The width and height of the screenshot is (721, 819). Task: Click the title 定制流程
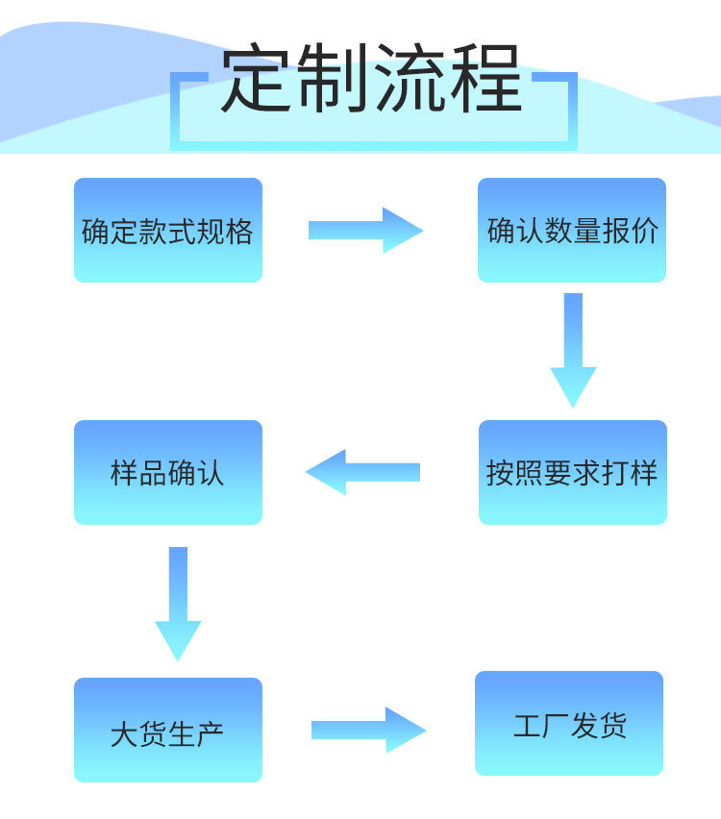372,80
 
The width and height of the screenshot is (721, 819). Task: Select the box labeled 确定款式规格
168,231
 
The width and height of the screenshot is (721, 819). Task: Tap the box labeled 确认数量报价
572,231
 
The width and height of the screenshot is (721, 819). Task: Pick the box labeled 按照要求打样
572,473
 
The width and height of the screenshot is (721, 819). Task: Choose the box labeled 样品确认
168,473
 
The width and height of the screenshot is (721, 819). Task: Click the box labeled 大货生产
168,731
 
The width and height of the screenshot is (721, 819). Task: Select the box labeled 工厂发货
569,724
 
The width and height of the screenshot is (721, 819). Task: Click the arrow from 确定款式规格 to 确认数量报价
365,230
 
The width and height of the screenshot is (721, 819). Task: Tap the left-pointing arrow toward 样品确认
362,472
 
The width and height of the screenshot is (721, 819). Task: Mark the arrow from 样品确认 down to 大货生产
178,603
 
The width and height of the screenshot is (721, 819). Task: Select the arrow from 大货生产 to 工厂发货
368,731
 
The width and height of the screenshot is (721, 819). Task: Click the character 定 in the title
258,80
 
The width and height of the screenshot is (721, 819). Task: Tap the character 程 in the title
486,80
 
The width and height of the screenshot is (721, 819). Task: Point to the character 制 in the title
334,80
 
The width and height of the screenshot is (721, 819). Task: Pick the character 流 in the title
410,80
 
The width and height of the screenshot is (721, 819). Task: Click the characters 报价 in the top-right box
631,232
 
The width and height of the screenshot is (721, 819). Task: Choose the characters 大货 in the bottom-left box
138,734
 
